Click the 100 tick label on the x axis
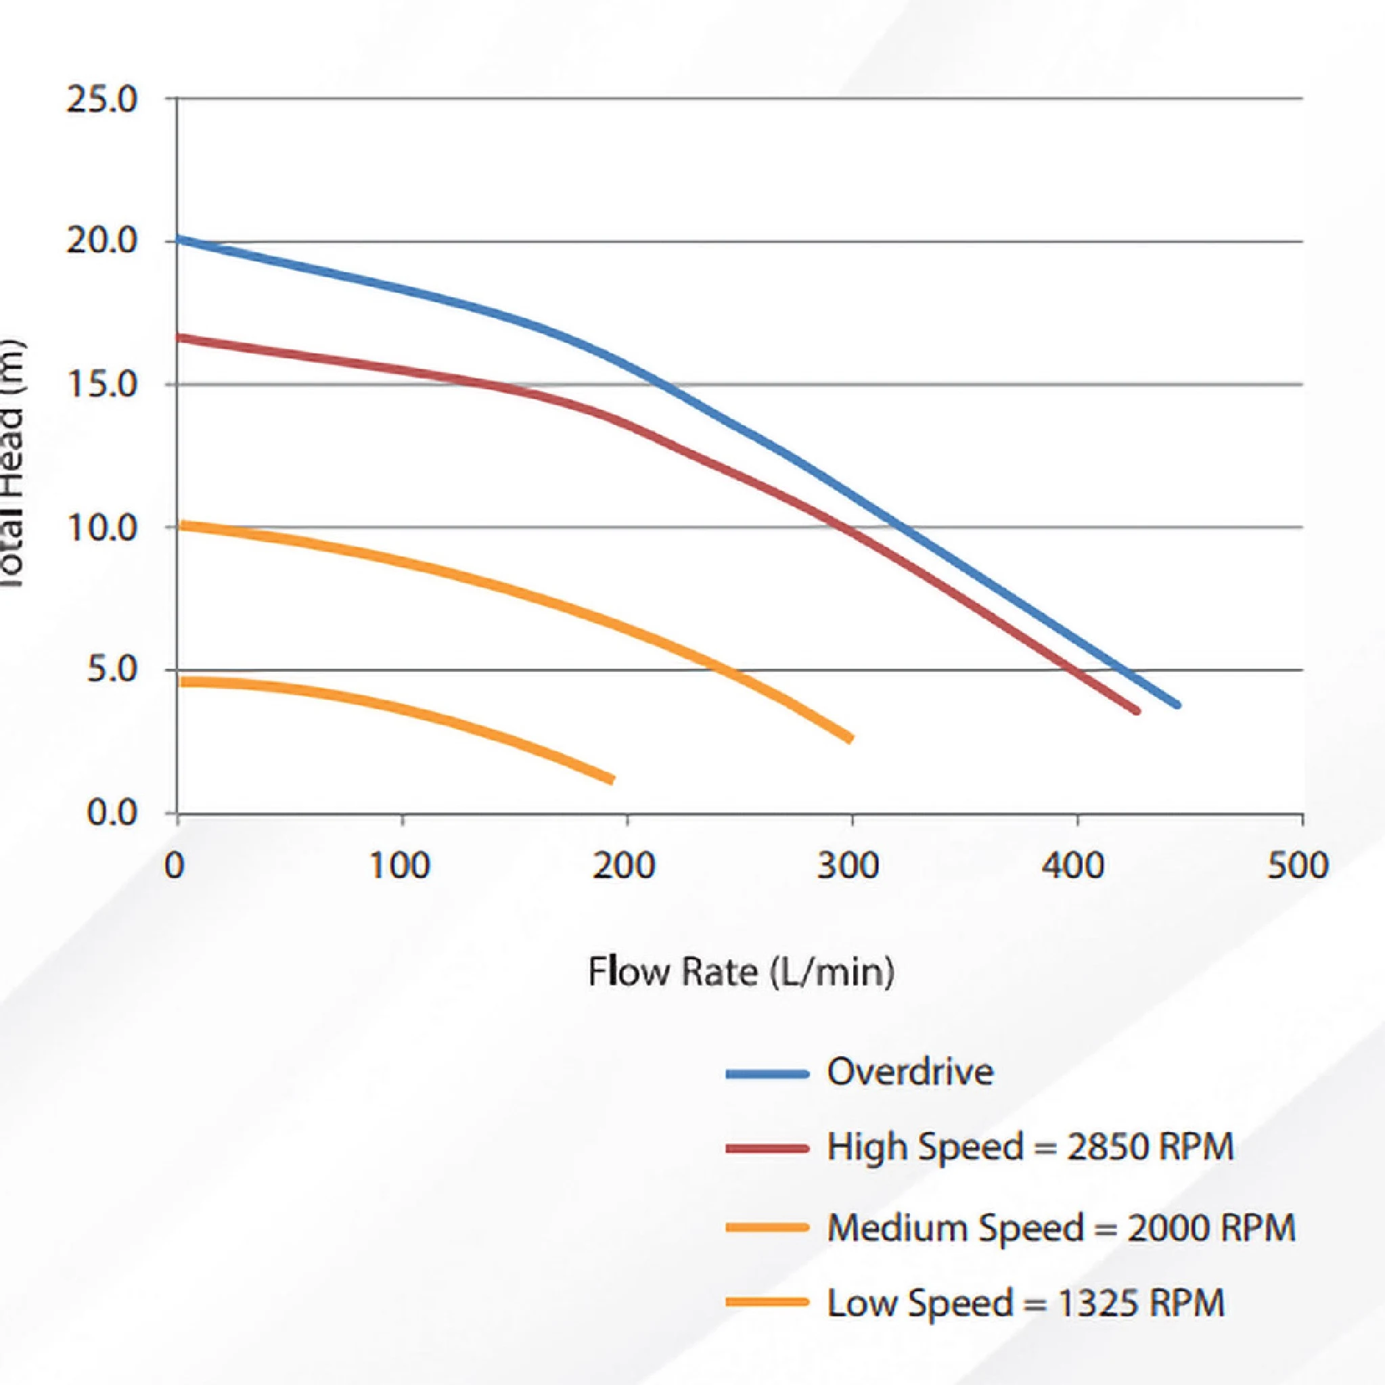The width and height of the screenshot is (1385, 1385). [400, 866]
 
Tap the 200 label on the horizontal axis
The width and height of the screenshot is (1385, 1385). [625, 866]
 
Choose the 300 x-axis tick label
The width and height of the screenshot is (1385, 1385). [848, 866]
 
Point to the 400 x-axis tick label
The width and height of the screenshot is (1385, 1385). [1074, 866]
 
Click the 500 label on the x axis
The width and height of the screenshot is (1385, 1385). [1298, 866]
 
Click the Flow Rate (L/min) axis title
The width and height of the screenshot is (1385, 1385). [742, 973]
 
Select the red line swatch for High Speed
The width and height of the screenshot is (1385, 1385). [767, 1148]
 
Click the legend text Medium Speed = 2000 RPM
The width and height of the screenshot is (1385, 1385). [1061, 1228]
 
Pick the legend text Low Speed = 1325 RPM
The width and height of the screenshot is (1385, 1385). [1026, 1302]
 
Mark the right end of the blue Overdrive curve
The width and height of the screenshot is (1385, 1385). [1177, 705]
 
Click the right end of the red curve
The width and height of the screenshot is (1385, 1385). [1137, 711]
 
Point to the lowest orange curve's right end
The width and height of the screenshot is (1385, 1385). [611, 780]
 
